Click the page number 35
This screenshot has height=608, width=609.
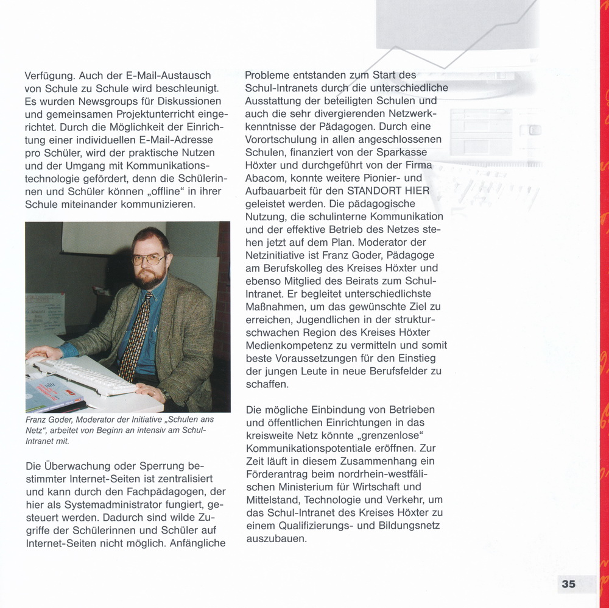point(568,584)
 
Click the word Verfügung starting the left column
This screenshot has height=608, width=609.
point(50,76)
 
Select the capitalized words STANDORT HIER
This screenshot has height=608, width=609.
point(389,191)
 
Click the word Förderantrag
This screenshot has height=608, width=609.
point(280,474)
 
